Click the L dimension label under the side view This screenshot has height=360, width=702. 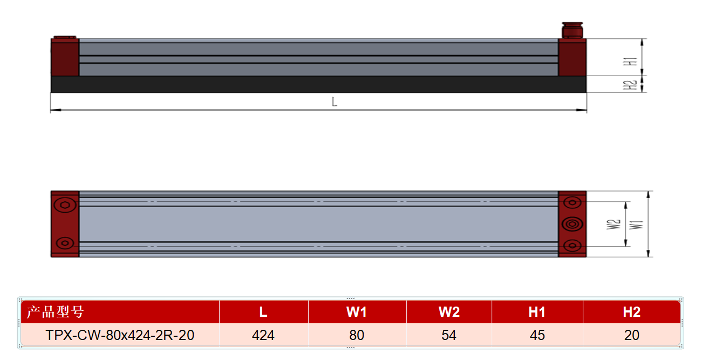point(335,102)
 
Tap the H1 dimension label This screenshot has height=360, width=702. point(630,62)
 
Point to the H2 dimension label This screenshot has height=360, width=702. point(630,85)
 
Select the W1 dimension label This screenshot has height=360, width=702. point(636,225)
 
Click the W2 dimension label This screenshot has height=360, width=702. point(614,224)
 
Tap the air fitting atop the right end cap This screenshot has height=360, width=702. point(572,30)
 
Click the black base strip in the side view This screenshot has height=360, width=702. point(318,84)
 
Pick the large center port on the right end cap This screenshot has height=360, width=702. point(572,224)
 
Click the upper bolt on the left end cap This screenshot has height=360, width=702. point(65,205)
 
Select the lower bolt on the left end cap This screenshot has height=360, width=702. point(65,243)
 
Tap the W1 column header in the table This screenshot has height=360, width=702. point(356,312)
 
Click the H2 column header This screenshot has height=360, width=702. point(631,312)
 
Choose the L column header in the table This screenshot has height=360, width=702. point(263,312)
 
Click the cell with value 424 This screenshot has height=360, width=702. point(263,335)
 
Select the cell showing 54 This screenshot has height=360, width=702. point(449,335)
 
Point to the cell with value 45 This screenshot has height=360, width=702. point(537,335)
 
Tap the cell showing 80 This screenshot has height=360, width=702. point(357,335)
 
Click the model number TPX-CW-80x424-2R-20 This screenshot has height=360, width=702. point(120,335)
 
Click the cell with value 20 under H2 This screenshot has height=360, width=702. point(631,335)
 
